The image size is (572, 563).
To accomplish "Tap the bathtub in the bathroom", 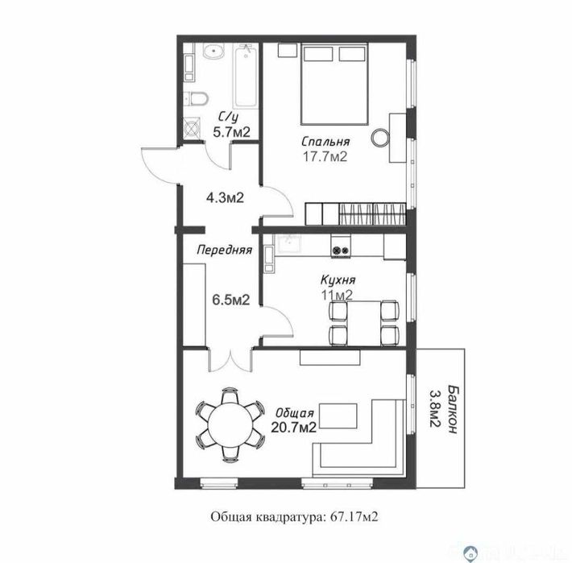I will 243,81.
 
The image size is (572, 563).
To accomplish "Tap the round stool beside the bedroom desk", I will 379,138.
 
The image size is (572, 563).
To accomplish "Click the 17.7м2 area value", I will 325,156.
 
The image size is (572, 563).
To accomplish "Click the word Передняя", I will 225,250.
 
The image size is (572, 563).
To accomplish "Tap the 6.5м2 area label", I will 230,299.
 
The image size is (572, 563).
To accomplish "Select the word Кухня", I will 337,280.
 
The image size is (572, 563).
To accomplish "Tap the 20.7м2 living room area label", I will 292,427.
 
